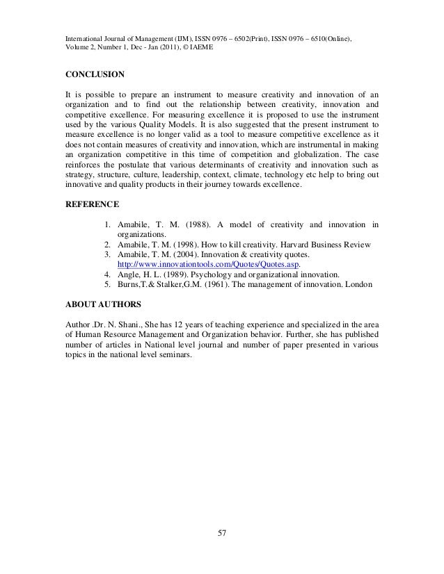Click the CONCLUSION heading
point(95,72)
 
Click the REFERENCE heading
point(91,204)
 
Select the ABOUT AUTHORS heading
point(102,304)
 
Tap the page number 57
point(222,533)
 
